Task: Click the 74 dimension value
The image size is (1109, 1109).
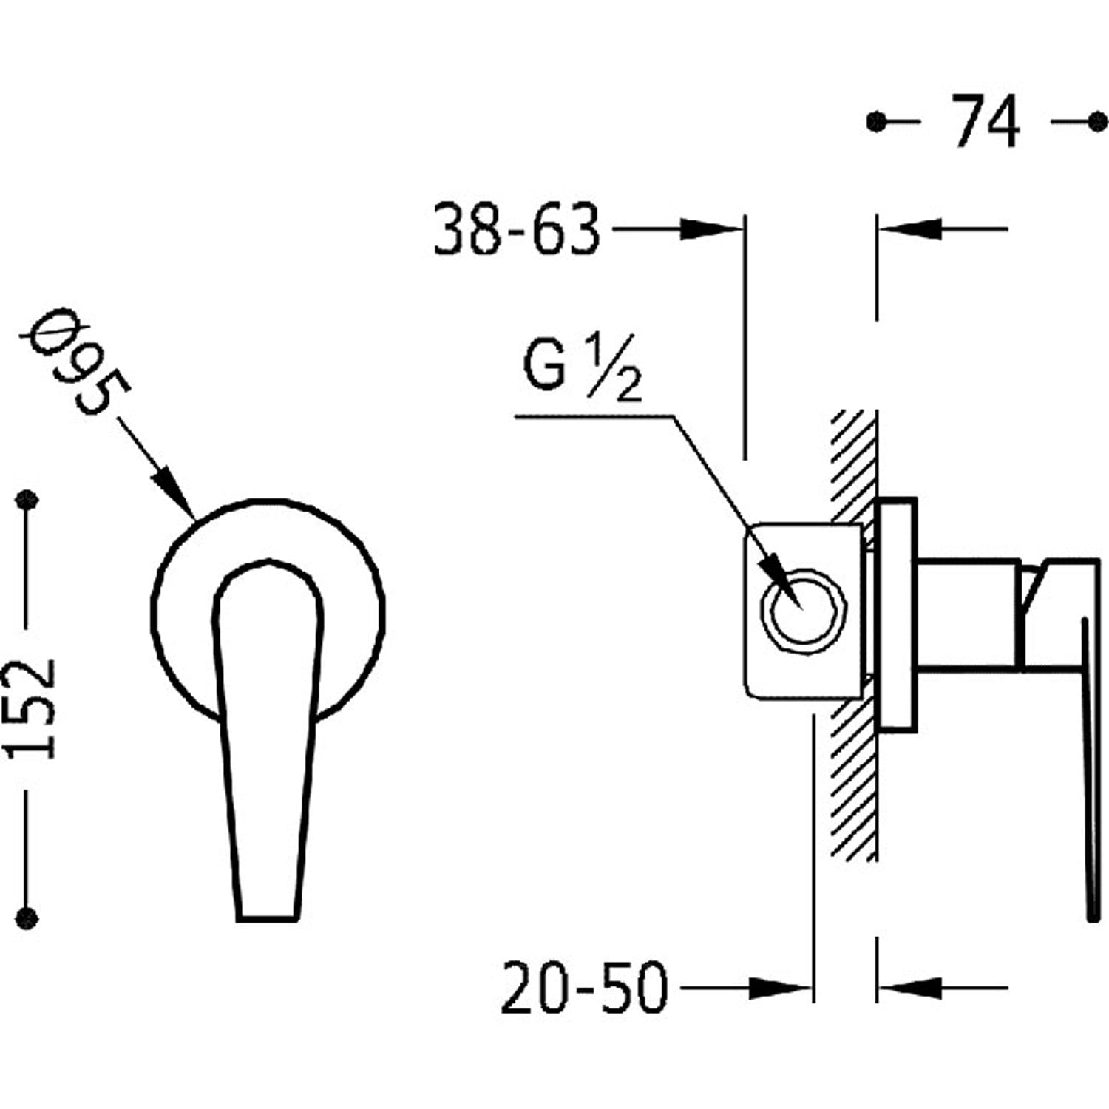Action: [985, 121]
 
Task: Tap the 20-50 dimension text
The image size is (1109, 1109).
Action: [584, 986]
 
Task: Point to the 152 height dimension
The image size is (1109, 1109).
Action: [30, 708]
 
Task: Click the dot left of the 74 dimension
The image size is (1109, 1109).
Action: [877, 121]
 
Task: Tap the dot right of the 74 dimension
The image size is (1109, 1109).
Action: [1098, 121]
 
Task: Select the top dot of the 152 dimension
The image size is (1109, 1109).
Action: [27, 500]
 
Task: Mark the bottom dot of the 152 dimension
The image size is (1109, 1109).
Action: [27, 918]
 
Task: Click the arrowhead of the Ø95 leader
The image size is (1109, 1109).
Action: [174, 493]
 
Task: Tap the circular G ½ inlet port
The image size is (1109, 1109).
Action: [803, 606]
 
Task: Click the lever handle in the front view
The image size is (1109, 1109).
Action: [268, 739]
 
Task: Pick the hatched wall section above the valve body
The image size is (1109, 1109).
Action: [854, 466]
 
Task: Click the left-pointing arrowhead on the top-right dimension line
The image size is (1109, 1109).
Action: [911, 229]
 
